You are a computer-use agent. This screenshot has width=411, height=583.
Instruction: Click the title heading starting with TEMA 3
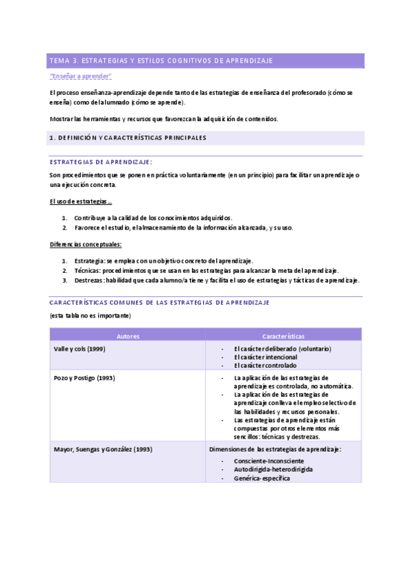(x=161, y=61)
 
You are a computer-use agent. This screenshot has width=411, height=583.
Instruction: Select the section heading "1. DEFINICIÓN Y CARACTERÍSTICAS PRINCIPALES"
(x=128, y=137)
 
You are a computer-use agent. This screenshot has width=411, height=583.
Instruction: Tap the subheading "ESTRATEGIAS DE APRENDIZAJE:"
(x=101, y=162)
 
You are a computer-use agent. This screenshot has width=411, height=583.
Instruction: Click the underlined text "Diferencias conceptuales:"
(x=86, y=244)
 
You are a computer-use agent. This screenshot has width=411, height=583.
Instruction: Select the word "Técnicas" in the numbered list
(x=88, y=270)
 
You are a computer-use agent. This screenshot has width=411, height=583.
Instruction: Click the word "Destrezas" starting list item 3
(x=90, y=280)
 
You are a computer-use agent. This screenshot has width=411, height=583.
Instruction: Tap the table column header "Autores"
(x=128, y=335)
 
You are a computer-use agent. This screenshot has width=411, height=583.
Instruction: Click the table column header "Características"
(x=283, y=335)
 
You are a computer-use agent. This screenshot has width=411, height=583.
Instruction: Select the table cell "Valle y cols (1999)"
(x=80, y=349)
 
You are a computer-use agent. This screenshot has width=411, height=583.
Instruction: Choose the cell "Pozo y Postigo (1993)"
(x=84, y=377)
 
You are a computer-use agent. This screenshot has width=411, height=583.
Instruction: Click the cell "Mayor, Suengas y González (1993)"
(x=103, y=449)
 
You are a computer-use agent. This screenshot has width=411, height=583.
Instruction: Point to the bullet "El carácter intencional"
(x=266, y=357)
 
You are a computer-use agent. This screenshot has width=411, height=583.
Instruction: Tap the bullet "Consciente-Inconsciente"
(x=270, y=460)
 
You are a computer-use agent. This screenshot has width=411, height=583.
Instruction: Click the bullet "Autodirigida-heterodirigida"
(x=273, y=469)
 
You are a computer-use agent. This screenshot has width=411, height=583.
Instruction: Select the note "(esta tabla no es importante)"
(x=90, y=316)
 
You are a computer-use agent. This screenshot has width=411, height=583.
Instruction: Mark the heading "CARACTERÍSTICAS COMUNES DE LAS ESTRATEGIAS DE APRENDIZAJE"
(x=160, y=302)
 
